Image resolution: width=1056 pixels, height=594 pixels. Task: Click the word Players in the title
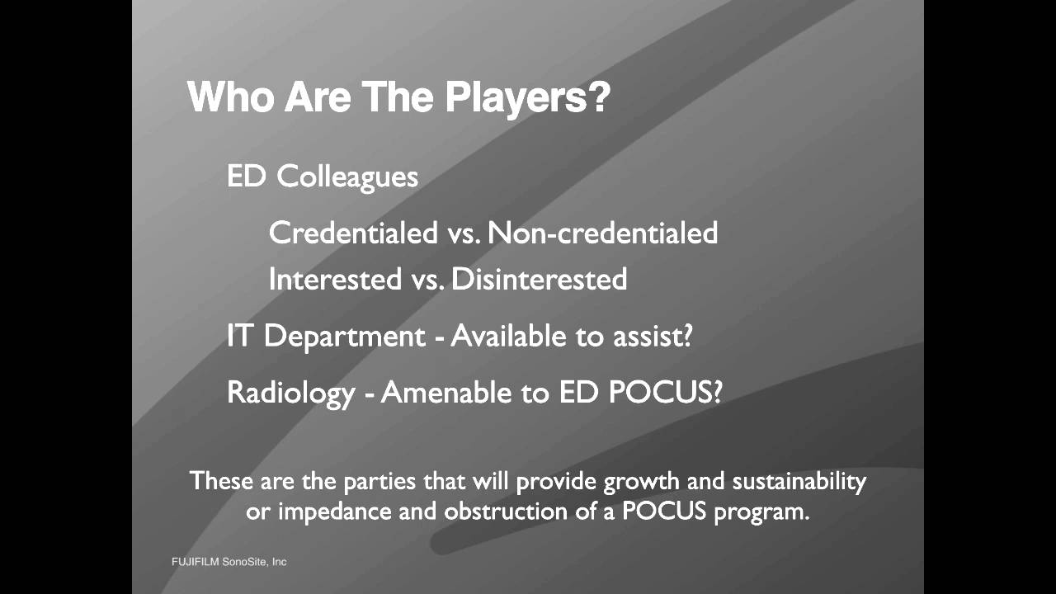coord(528,97)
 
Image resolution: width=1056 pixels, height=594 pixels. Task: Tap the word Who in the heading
coord(231,97)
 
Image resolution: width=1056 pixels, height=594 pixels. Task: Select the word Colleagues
coord(347,177)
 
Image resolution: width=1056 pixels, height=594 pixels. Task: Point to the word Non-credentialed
coord(603,233)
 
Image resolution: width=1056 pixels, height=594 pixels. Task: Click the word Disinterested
coord(540,279)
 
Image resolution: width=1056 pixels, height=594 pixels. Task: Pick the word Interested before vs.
coord(334,279)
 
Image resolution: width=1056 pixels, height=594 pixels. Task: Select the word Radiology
coord(290,393)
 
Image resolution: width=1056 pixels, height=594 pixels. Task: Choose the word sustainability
coord(799,481)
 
